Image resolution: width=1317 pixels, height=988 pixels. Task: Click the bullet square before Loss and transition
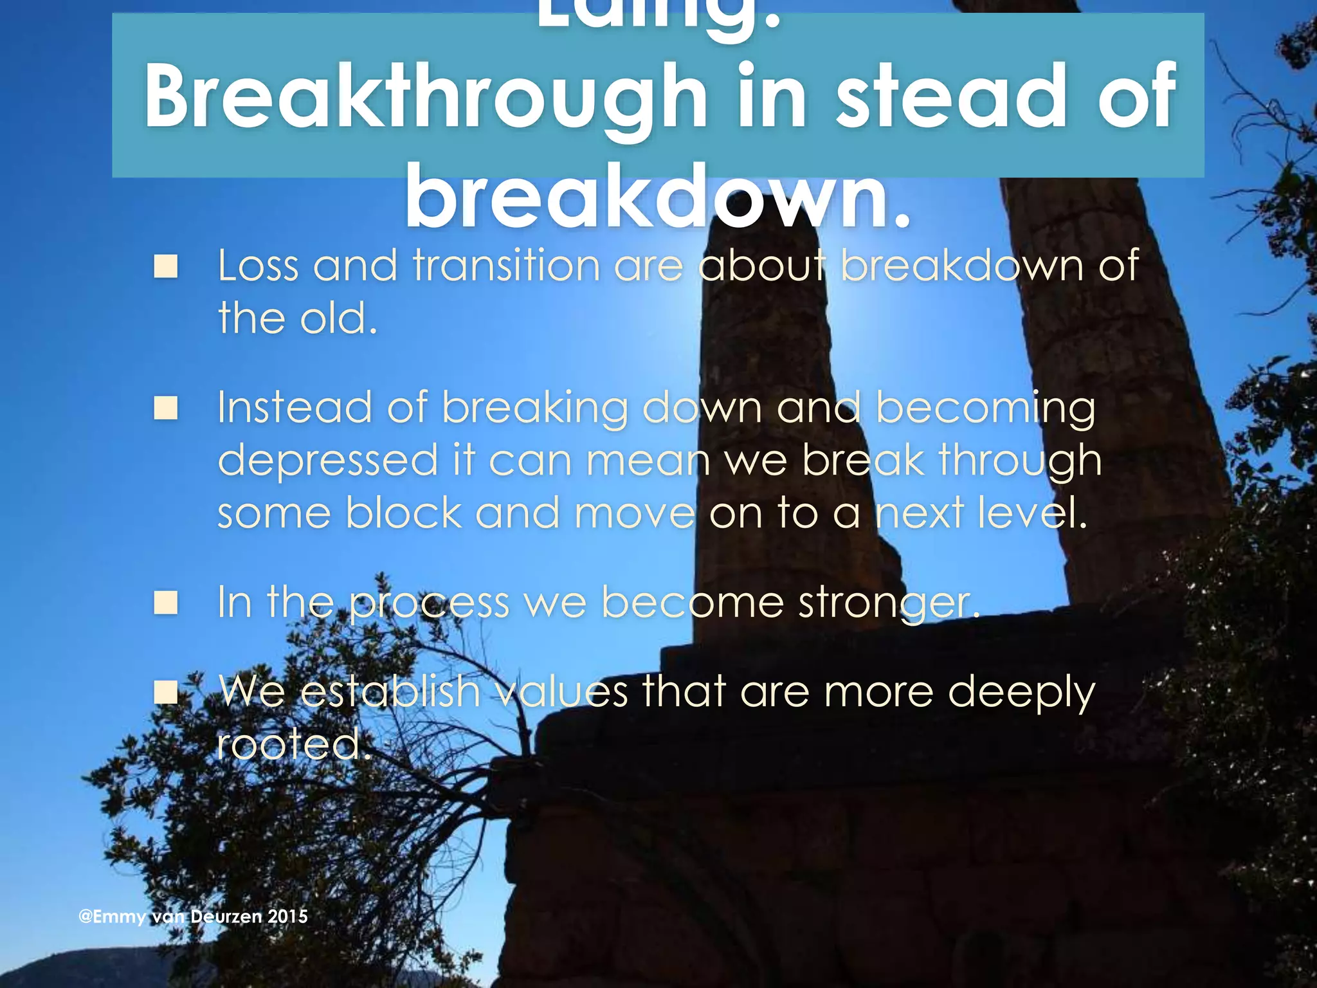(x=166, y=266)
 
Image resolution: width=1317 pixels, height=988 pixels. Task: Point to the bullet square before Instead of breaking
(x=166, y=408)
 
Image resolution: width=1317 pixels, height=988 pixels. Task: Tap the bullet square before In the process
(x=166, y=603)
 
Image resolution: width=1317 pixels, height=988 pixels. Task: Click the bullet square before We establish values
(x=166, y=693)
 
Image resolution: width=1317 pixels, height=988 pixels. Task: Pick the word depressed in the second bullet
(x=328, y=461)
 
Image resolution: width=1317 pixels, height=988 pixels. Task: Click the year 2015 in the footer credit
(x=287, y=917)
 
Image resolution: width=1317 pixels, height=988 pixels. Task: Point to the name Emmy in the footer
(x=120, y=917)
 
